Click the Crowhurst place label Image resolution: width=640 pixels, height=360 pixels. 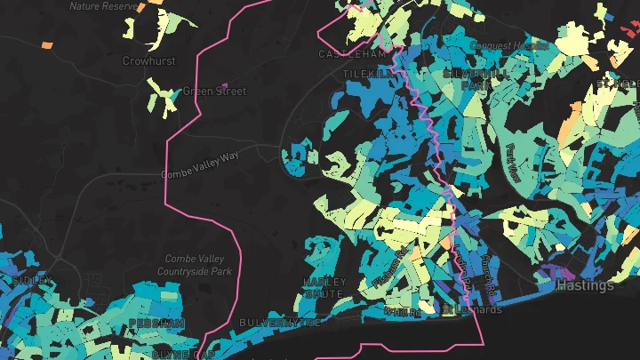(x=148, y=61)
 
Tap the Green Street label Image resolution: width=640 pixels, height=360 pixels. (x=213, y=91)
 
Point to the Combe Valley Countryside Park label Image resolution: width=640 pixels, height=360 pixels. (x=194, y=264)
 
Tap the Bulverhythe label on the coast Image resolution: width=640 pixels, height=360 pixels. (x=279, y=322)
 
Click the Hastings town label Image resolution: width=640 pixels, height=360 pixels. (x=584, y=285)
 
